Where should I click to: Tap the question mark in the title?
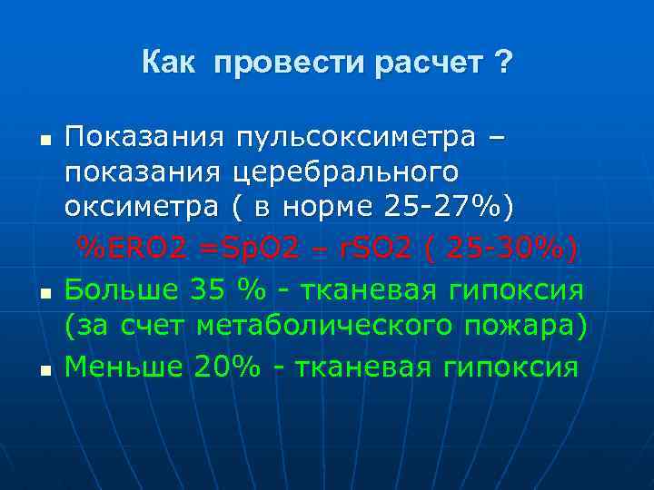pyautogui.click(x=503, y=63)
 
